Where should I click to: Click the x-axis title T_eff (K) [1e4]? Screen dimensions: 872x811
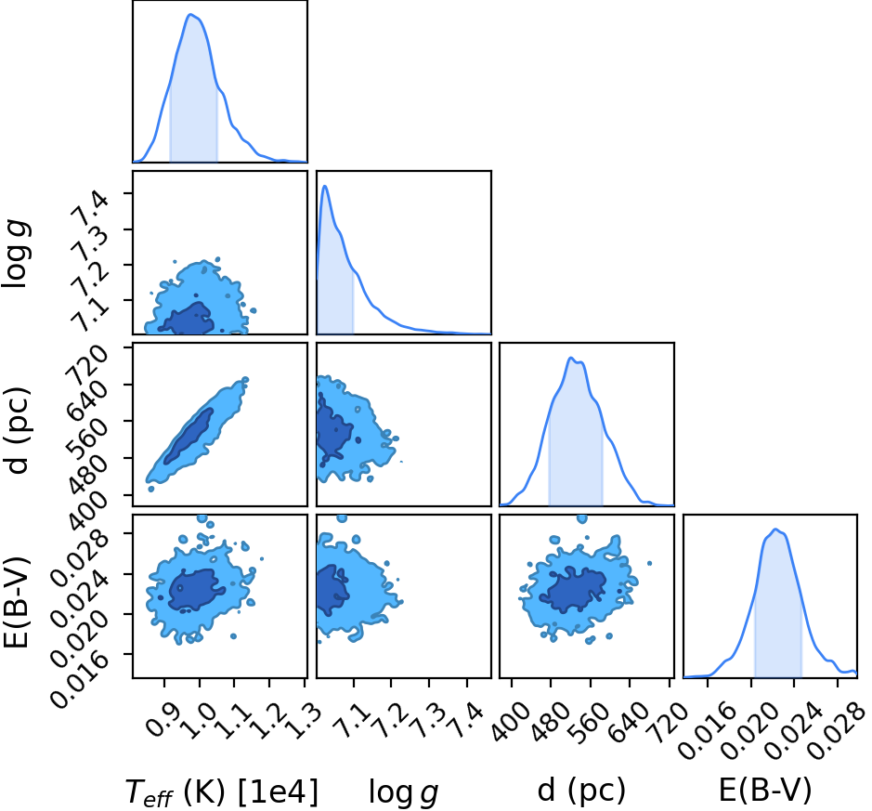[222, 791]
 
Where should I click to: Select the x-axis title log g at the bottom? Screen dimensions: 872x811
[404, 792]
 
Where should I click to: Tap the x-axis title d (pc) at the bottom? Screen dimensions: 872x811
[581, 791]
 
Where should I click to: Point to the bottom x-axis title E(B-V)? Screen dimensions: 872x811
[765, 791]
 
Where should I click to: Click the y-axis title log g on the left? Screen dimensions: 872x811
[16, 254]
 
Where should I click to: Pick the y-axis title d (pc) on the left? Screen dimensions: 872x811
[17, 430]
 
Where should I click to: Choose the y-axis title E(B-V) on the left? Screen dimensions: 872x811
[16, 602]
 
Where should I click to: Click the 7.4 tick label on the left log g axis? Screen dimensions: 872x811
[90, 207]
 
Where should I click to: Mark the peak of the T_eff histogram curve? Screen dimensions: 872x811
[190, 15]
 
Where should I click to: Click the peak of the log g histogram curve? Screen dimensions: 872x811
[325, 186]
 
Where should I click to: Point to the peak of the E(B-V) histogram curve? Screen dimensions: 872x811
[775, 529]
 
